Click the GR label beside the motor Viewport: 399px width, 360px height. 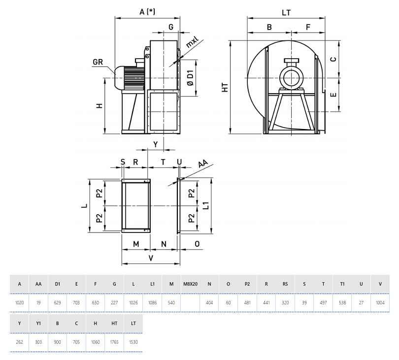(97, 62)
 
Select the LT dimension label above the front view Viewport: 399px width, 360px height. (286, 12)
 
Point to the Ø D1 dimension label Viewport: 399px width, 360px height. (190, 78)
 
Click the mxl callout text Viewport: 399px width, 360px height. (192, 42)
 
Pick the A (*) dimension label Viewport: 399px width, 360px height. (147, 12)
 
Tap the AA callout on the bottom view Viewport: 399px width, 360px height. (202, 164)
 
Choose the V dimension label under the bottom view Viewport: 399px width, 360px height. (151, 258)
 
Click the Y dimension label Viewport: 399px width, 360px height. (156, 144)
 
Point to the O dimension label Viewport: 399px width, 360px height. (197, 244)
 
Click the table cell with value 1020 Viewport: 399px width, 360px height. (20, 303)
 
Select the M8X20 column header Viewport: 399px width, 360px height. (190, 284)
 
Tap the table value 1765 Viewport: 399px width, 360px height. (114, 343)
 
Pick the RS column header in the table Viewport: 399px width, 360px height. (285, 284)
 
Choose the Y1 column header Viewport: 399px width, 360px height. (38, 324)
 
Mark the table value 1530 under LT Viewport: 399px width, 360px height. (133, 343)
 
